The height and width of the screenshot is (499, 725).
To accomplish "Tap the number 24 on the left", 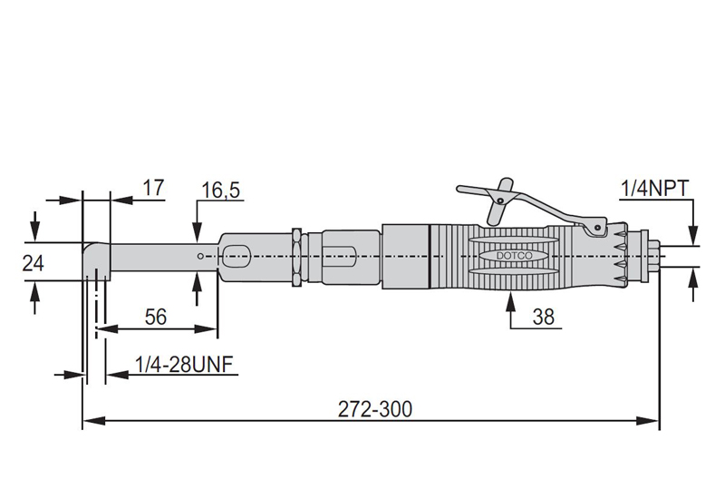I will point(33,262).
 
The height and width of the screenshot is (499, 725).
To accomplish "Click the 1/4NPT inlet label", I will point(655,188).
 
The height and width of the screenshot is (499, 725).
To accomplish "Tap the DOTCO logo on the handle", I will point(516,257).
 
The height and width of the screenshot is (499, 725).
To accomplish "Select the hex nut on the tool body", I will point(295,257).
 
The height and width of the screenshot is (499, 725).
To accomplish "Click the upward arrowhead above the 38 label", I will point(509,300).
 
